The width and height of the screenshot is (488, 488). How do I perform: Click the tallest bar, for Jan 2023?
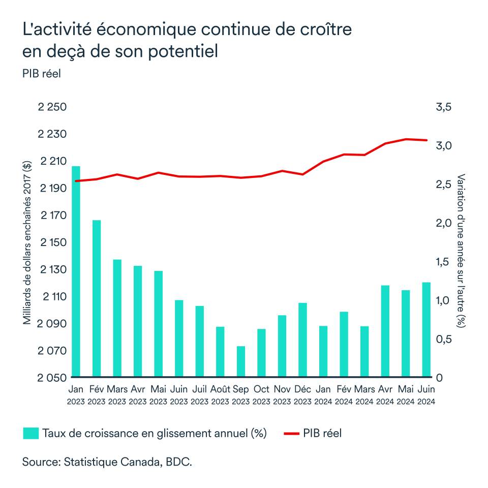(76, 271)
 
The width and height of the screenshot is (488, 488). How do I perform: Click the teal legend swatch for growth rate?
(30, 433)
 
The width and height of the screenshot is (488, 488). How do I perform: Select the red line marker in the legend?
(290, 434)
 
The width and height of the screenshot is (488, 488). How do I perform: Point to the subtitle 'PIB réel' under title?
(41, 74)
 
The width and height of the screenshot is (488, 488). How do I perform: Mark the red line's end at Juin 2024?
(426, 140)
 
